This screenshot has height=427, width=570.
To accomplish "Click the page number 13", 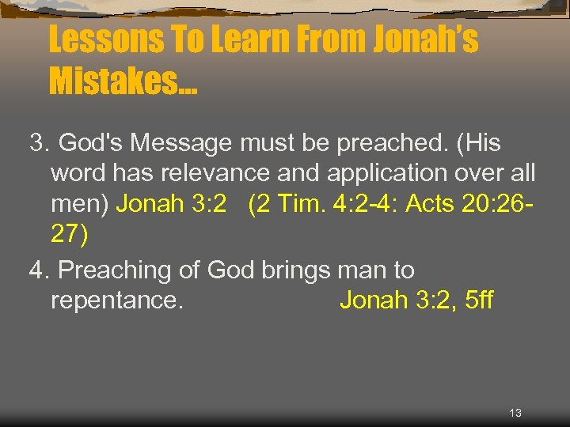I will pos(515,414).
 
